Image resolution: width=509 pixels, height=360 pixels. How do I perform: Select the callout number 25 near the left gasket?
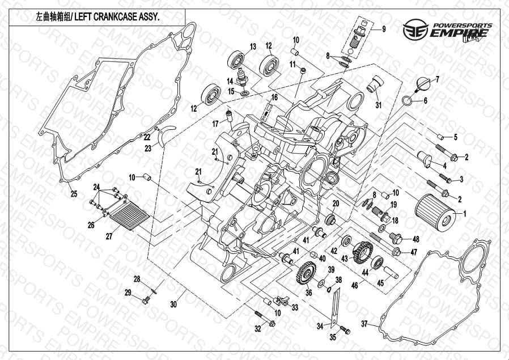(74, 194)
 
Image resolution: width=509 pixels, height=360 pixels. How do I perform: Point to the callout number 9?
(383, 29)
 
